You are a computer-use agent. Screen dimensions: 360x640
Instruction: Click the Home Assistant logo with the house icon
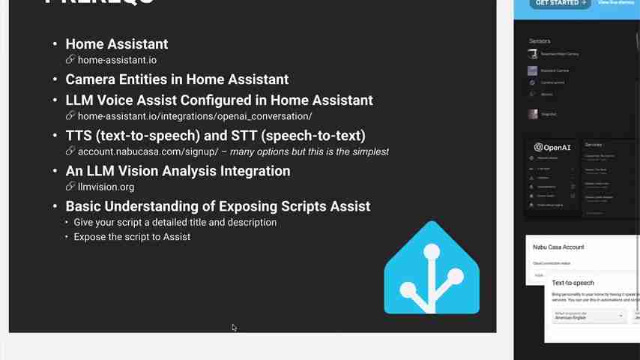tap(432, 268)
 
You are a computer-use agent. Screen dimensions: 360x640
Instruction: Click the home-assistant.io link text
tap(117, 60)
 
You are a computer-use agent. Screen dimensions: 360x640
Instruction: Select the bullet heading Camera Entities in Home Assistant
tap(177, 79)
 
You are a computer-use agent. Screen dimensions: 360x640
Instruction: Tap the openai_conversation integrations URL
tap(194, 116)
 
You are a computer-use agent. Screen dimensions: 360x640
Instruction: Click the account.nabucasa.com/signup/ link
tap(148, 151)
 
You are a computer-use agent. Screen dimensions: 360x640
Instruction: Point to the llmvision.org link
tap(106, 187)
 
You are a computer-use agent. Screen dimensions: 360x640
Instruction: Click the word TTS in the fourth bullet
tap(79, 136)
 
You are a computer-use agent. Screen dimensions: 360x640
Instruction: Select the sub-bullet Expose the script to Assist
tap(132, 237)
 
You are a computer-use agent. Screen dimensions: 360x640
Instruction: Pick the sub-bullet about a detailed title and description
tap(175, 223)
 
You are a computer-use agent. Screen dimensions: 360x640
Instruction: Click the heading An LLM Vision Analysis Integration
tap(178, 171)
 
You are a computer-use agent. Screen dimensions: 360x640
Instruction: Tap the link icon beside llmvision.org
tap(70, 187)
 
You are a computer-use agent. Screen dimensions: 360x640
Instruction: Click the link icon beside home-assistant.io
tap(70, 60)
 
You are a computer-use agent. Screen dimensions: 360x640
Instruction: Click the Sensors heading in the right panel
tap(540, 41)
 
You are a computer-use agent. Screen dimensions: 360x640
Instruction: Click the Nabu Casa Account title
tap(558, 247)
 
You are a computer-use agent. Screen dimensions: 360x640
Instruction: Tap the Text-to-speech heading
tap(573, 283)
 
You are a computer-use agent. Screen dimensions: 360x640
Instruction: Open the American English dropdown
tap(589, 316)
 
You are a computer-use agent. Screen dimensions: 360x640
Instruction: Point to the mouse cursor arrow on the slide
tap(234, 328)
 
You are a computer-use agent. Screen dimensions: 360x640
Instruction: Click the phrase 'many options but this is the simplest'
tap(309, 151)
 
